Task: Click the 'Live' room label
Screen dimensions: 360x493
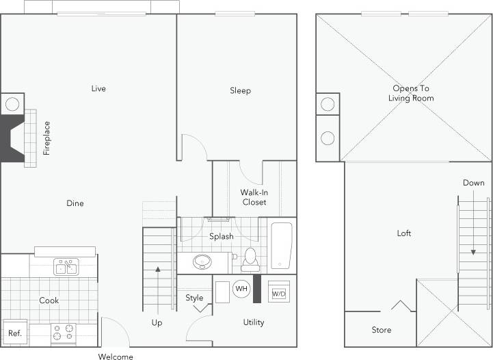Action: pyautogui.click(x=99, y=88)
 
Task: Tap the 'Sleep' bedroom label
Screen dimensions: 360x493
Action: pyautogui.click(x=240, y=90)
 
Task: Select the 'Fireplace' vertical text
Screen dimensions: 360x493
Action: pyautogui.click(x=47, y=138)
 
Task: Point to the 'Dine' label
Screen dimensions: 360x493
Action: pyautogui.click(x=75, y=203)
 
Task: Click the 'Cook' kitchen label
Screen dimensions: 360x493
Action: pyautogui.click(x=49, y=300)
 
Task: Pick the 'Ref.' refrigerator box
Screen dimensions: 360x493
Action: pyautogui.click(x=14, y=333)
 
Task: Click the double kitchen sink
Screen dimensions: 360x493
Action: pyautogui.click(x=66, y=267)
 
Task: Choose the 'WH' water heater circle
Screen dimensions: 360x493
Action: pyautogui.click(x=241, y=289)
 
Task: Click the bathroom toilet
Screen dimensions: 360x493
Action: pyautogui.click(x=250, y=258)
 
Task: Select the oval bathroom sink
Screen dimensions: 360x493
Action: pyautogui.click(x=202, y=262)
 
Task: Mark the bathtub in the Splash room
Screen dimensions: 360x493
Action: pyautogui.click(x=282, y=245)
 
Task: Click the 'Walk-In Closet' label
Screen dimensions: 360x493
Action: pyautogui.click(x=254, y=197)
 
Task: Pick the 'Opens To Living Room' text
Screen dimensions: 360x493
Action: pyautogui.click(x=413, y=93)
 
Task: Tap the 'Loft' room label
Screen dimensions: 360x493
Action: pyautogui.click(x=404, y=233)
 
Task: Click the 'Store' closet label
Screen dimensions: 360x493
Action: pyautogui.click(x=382, y=330)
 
